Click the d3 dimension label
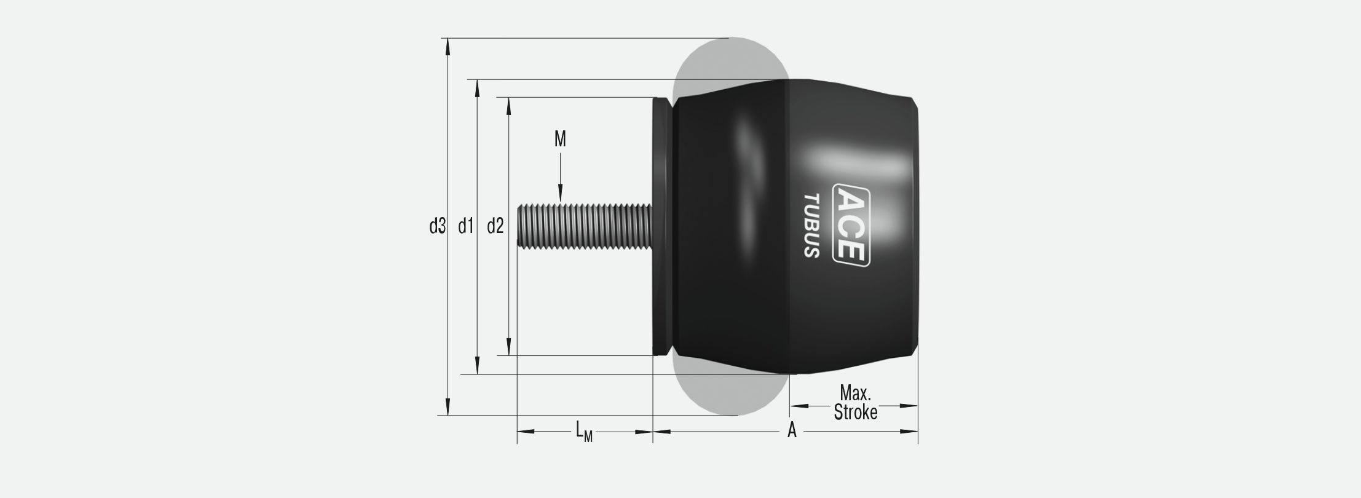pyautogui.click(x=436, y=227)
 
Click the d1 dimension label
pyautogui.click(x=466, y=227)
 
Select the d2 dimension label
pyautogui.click(x=495, y=227)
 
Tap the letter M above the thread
pyautogui.click(x=560, y=140)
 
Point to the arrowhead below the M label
pyautogui.click(x=561, y=194)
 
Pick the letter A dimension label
pyautogui.click(x=792, y=431)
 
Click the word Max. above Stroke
pyautogui.click(x=855, y=393)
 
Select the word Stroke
pyautogui.click(x=855, y=413)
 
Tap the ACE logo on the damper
pyautogui.click(x=851, y=225)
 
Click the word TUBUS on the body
pyautogui.click(x=811, y=226)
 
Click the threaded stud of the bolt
pyautogui.click(x=584, y=227)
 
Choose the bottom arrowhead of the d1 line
pyautogui.click(x=478, y=366)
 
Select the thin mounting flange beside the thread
pyautogui.click(x=661, y=226)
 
